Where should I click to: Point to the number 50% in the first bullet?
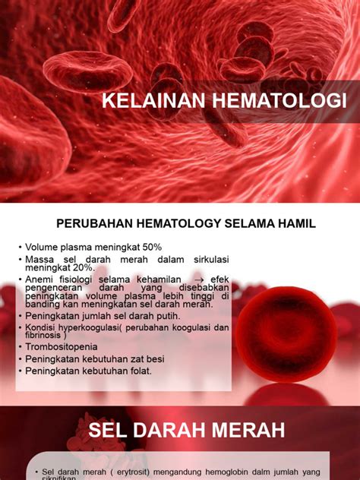click(149, 248)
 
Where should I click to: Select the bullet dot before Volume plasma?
click(20, 248)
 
